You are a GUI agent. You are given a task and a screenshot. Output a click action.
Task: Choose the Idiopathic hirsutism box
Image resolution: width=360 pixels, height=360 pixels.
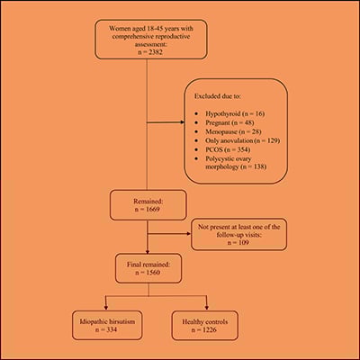(106, 322)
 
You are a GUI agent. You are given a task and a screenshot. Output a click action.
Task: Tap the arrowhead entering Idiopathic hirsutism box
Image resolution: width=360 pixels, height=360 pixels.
(106, 306)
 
